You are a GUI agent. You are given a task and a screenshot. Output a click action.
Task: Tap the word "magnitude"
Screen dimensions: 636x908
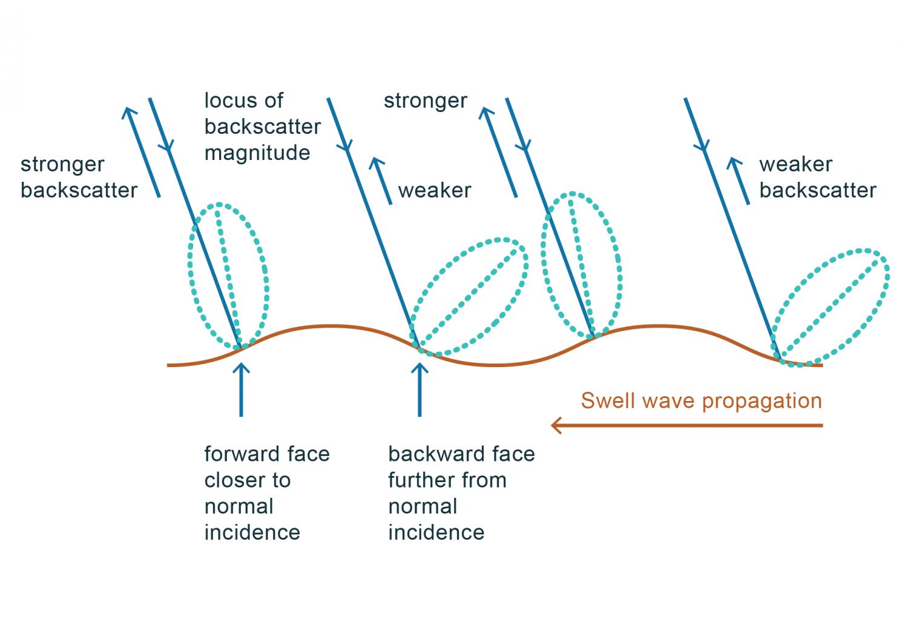(257, 153)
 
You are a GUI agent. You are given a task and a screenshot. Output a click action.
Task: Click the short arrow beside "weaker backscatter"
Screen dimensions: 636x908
(741, 181)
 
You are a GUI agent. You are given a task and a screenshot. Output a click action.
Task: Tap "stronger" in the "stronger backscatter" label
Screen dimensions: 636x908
(62, 164)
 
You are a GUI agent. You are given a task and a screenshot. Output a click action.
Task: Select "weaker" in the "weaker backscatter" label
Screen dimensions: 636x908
(795, 164)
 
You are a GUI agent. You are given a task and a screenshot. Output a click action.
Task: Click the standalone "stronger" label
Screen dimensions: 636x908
(425, 101)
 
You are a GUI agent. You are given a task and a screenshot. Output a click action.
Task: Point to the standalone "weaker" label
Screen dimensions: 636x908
(435, 190)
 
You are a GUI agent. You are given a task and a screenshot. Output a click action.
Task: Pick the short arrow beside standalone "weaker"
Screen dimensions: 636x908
(384, 181)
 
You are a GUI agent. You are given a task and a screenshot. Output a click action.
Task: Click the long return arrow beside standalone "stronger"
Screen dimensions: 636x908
(499, 151)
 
